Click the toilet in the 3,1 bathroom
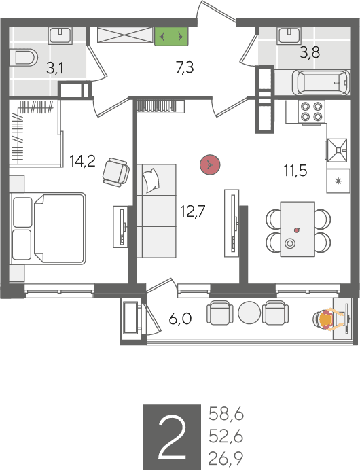(x=24, y=57)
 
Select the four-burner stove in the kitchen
(x=312, y=111)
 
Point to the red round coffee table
(x=210, y=164)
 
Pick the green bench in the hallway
(x=172, y=37)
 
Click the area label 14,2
(x=82, y=161)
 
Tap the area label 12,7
(x=192, y=211)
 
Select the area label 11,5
(x=295, y=171)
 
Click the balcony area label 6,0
(x=180, y=319)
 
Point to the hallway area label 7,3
(x=185, y=67)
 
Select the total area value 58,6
(x=226, y=414)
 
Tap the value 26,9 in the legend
(x=226, y=459)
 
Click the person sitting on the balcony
(x=328, y=320)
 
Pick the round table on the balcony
(x=249, y=313)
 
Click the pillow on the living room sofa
(x=151, y=180)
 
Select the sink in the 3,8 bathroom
(x=289, y=35)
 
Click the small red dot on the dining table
(x=297, y=230)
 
